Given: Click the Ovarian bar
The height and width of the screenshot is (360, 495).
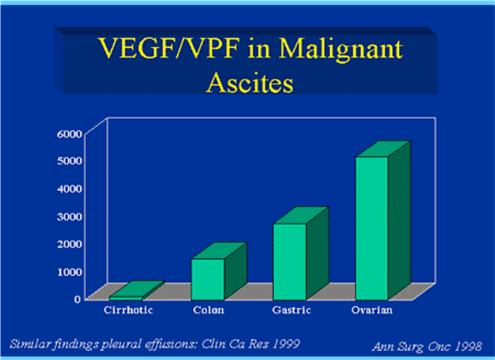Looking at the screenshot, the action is pos(383,221).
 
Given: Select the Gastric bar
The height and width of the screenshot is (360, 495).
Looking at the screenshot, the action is pos(301,253).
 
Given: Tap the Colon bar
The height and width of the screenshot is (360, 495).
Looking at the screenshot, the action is pos(218,271).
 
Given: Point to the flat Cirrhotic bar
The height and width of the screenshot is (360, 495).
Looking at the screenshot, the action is pos(136,291).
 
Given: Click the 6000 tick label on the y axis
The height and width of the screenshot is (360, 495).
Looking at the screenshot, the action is pos(70,134).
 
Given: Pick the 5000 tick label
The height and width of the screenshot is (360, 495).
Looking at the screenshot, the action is pos(70,161).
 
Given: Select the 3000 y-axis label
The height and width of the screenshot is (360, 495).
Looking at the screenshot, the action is pos(70,217).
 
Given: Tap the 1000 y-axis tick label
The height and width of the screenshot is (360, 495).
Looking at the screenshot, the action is pos(70,271).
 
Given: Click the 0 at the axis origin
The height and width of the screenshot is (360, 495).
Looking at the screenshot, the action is pos(78,299).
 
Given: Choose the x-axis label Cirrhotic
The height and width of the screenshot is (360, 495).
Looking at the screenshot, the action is pos(128,310).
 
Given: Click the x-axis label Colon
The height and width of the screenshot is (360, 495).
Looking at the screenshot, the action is pos(208,310).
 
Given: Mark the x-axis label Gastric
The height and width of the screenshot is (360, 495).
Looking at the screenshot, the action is pos(292,310).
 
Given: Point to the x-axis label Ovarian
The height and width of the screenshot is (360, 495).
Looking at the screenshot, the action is pos(372,310).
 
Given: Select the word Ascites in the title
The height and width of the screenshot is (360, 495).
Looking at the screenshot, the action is pos(250,82).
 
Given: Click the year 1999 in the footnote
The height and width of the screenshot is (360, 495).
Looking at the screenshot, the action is pos(286,343).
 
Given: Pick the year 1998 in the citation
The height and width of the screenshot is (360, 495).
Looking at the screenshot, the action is pos(468,346).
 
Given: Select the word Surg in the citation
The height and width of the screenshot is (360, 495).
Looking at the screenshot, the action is pos(411,347).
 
